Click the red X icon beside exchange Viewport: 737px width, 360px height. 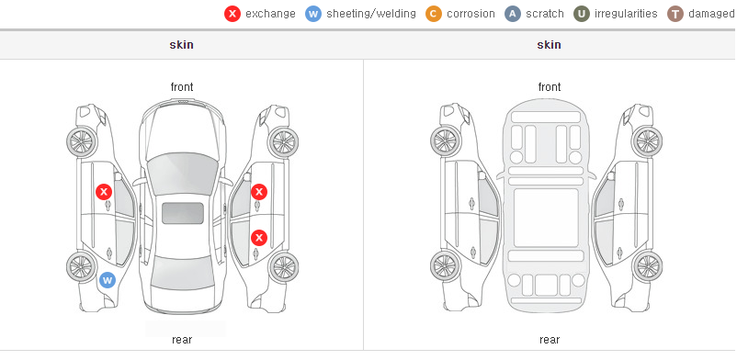(232, 14)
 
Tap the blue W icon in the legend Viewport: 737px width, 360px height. (313, 14)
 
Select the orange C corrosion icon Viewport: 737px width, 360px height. (434, 14)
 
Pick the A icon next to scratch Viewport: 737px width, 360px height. (513, 14)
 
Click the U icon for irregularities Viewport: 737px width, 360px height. (582, 14)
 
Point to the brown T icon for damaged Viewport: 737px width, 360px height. (675, 14)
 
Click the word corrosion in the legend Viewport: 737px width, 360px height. (471, 14)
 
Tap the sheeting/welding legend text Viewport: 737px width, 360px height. (371, 14)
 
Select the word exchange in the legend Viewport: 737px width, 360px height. (270, 14)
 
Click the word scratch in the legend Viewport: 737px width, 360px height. (545, 14)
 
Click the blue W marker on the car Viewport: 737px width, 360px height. (108, 281)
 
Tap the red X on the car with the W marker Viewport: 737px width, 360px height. (104, 192)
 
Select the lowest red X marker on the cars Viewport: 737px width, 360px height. (259, 237)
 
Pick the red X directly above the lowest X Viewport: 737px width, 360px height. (259, 192)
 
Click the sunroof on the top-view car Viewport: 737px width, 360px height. (183, 213)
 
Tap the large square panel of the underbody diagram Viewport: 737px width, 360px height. (546, 218)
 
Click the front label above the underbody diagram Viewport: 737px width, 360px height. (550, 87)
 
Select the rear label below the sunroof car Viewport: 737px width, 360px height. (182, 340)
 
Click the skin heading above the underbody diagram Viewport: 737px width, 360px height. (549, 45)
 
